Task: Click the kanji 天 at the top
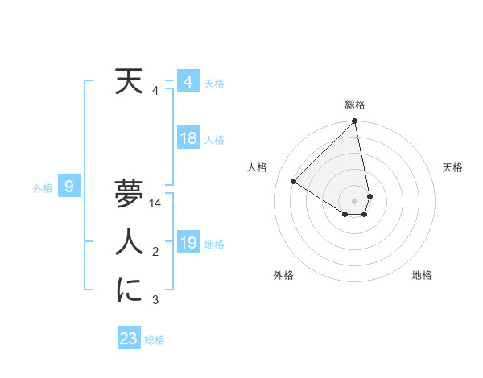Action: coord(129,82)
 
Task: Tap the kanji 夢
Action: coord(129,193)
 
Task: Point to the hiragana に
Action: coord(129,290)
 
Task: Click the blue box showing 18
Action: coord(188,138)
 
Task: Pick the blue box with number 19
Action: coord(188,243)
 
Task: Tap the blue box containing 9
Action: coord(69,187)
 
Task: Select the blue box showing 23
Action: coord(129,339)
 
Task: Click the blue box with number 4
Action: coord(188,82)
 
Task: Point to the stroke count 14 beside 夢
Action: coord(156,203)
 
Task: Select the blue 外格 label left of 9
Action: coord(43,188)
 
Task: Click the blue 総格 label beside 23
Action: coord(155,340)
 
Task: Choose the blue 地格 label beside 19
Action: coord(214,244)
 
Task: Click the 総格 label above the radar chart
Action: coord(355,105)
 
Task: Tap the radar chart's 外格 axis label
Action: coord(283,275)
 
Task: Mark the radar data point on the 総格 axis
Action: coord(355,121)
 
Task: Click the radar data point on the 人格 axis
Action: coord(294,182)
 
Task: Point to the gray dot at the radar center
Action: coord(355,199)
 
